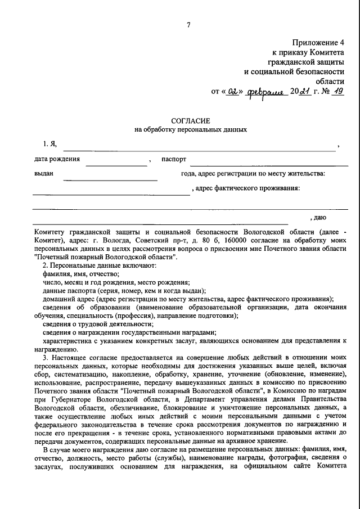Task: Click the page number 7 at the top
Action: (189, 24)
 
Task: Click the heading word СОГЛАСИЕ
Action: (190, 120)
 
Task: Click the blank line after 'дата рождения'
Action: (116, 165)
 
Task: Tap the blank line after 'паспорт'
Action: (268, 165)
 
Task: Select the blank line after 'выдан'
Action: (110, 179)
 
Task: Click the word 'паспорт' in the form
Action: (174, 159)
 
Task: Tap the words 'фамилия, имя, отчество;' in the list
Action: (81, 273)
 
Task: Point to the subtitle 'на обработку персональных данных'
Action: (190, 129)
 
